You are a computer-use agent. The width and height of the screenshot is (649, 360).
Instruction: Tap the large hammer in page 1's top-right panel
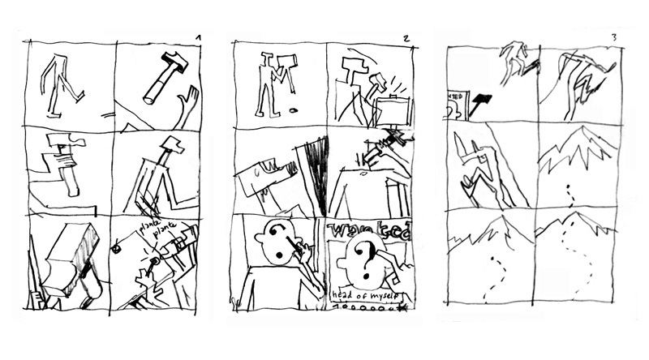[x=162, y=76]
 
